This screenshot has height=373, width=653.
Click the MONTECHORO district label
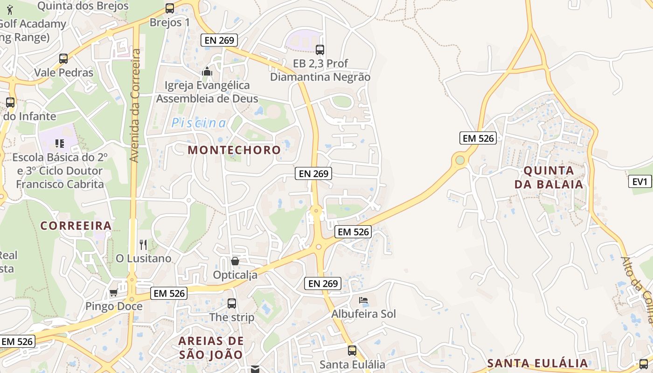[x=234, y=150]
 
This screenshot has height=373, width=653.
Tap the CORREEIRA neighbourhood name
[x=76, y=226]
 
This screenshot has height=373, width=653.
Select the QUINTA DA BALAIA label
[x=549, y=177]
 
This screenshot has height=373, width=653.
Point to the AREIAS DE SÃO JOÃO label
[x=211, y=348]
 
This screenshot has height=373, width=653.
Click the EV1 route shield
[x=640, y=182]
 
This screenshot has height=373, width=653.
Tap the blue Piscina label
[x=199, y=123]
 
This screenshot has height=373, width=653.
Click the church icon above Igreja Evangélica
[x=207, y=71]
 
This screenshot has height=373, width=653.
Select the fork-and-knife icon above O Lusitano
[x=143, y=244]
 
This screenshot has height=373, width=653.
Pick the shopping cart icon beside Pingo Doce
[x=113, y=293]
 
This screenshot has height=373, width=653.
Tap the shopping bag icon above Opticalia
[x=235, y=261]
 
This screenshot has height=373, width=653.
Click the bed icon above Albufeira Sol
[x=363, y=300]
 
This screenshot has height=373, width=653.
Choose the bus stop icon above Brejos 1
[x=170, y=8]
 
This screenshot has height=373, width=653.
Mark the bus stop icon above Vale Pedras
[x=63, y=59]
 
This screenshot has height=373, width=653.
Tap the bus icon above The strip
[x=232, y=304]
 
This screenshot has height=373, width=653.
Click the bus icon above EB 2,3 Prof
[x=320, y=49]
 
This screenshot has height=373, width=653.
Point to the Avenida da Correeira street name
[x=135, y=105]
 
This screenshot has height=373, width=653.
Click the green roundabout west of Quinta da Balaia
[x=460, y=160]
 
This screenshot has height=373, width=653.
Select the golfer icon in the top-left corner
[x=10, y=9]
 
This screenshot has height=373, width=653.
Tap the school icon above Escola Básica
[x=59, y=143]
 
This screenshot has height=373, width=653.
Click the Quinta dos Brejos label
[x=83, y=6]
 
